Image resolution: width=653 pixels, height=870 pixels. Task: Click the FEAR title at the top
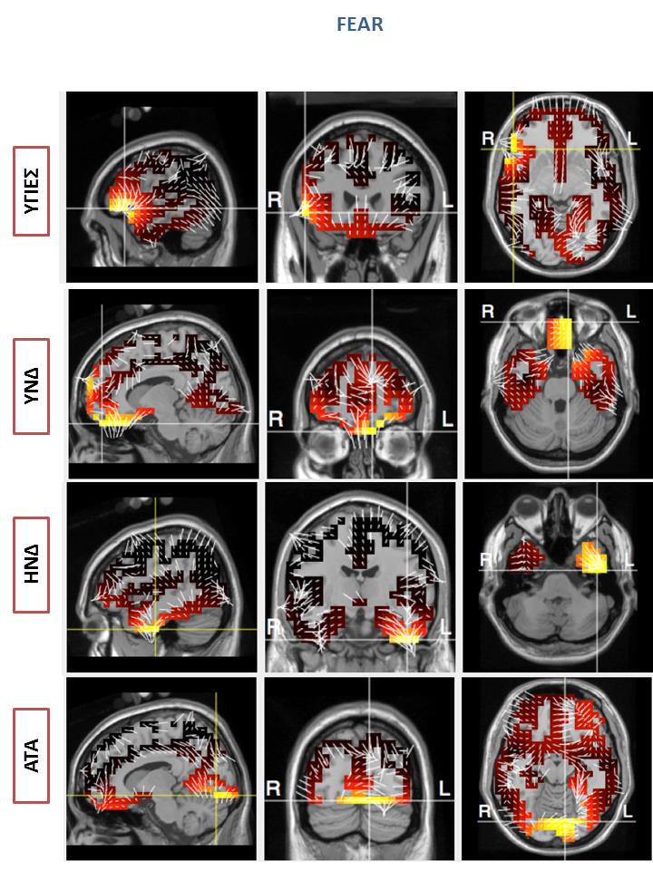click(x=360, y=24)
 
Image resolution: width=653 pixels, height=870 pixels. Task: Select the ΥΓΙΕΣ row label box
click(x=32, y=191)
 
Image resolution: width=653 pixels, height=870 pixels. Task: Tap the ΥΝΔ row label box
click(x=32, y=386)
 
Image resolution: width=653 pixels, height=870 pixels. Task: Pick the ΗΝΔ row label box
click(x=32, y=565)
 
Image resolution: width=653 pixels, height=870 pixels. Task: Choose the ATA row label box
click(x=32, y=755)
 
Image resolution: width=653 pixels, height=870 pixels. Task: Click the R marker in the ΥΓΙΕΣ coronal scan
click(x=274, y=199)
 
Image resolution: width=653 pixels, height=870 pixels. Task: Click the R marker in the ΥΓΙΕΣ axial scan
click(x=488, y=138)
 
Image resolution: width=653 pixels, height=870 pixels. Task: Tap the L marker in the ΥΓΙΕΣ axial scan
click(x=632, y=138)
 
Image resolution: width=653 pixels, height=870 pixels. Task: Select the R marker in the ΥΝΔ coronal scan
click(x=276, y=419)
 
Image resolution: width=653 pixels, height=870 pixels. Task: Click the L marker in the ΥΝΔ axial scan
click(x=630, y=312)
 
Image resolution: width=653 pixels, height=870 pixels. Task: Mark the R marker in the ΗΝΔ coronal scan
click(x=273, y=627)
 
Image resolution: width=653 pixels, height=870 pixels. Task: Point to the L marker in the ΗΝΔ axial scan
click(x=629, y=560)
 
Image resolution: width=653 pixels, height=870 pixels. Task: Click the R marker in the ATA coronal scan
click(x=273, y=788)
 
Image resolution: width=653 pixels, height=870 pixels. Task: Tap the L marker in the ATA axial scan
click(x=627, y=812)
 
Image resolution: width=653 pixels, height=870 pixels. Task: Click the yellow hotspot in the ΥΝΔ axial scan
click(x=560, y=333)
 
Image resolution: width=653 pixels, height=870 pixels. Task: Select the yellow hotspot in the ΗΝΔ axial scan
click(x=593, y=558)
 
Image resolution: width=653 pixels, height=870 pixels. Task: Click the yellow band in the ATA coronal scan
click(x=367, y=799)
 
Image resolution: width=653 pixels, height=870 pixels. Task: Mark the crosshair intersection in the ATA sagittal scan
click(x=216, y=795)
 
